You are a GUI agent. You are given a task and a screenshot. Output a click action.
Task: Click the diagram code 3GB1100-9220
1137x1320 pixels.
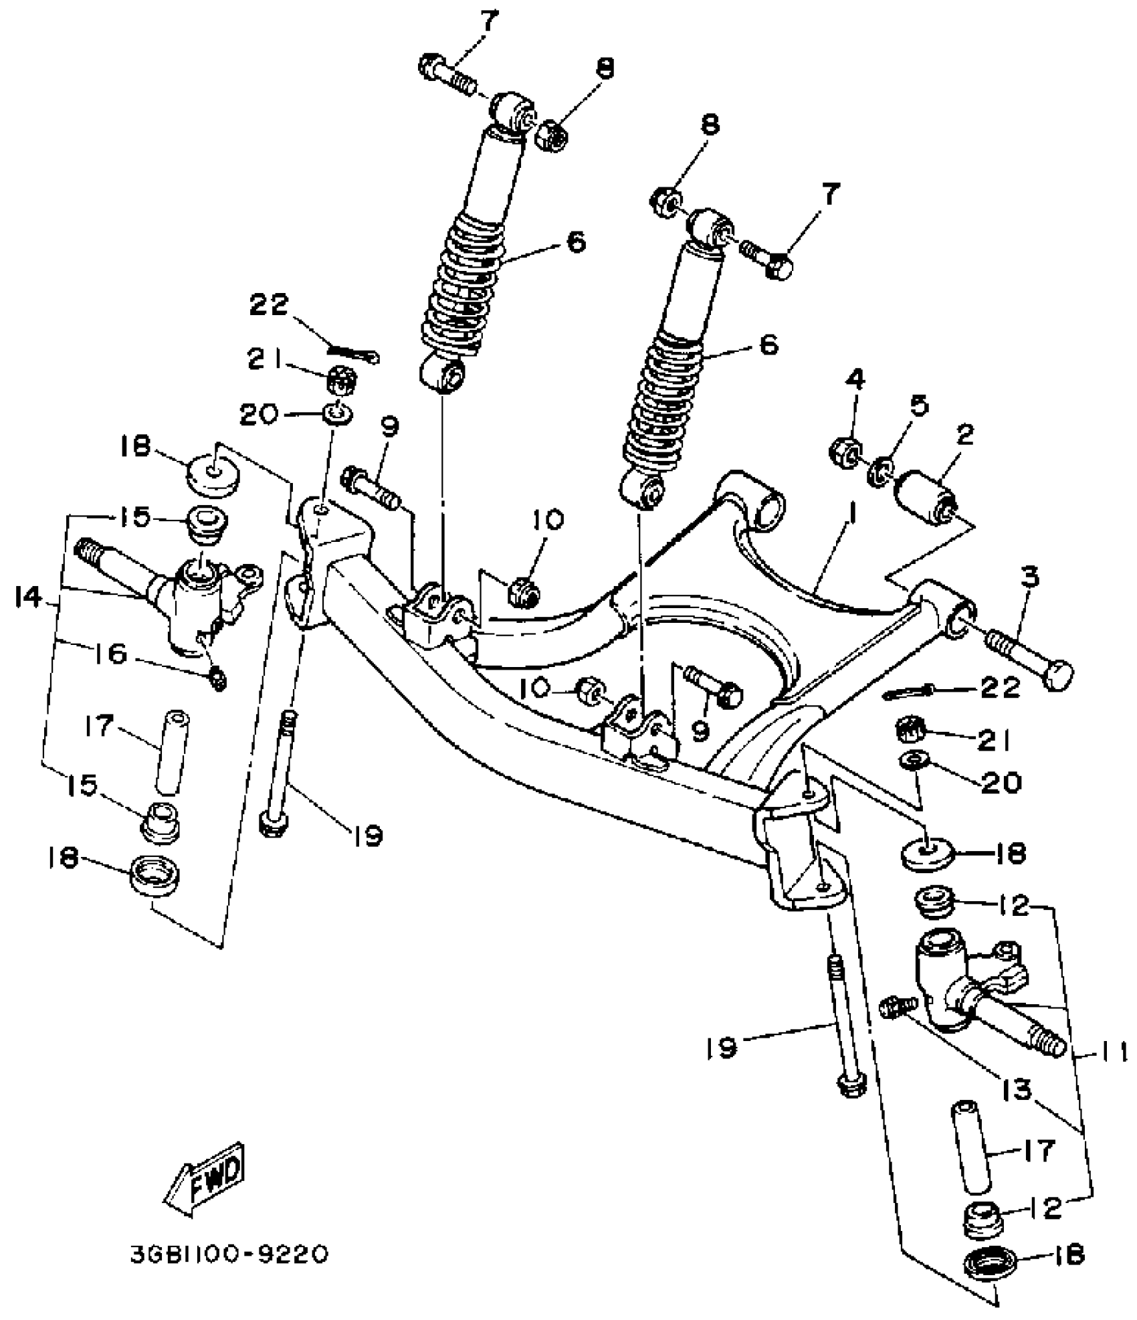click(229, 1253)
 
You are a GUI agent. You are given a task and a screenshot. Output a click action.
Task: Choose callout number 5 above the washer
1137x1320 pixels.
click(921, 407)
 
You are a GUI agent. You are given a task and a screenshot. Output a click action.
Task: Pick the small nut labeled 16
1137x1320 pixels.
click(218, 680)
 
